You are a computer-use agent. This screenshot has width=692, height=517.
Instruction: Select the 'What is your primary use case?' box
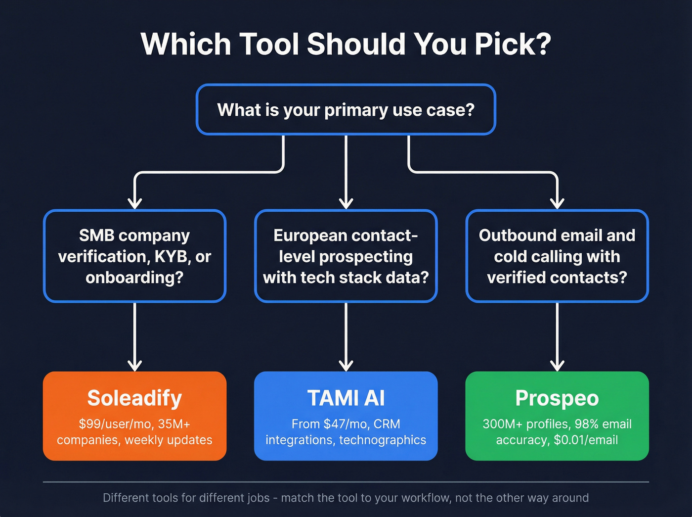[346, 109]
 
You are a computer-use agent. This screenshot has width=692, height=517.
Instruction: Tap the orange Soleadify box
[134, 416]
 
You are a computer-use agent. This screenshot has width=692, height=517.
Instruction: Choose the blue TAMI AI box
[346, 416]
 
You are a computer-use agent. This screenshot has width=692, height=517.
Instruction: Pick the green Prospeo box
[557, 416]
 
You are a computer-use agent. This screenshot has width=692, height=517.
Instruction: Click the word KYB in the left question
[172, 257]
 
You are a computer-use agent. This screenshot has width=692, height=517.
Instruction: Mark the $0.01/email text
[586, 440]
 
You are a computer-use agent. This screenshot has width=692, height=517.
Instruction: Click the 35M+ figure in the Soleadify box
[174, 424]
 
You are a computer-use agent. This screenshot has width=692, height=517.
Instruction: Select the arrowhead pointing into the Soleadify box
[134, 366]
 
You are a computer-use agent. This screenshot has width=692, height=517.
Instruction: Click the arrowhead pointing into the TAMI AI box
[346, 366]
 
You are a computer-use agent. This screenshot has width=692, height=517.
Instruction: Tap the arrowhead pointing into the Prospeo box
[557, 366]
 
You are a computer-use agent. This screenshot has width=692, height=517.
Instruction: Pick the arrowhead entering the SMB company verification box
[134, 203]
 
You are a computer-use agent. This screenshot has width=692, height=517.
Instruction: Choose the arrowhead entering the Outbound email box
[557, 203]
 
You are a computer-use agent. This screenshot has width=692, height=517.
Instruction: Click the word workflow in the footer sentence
[426, 498]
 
